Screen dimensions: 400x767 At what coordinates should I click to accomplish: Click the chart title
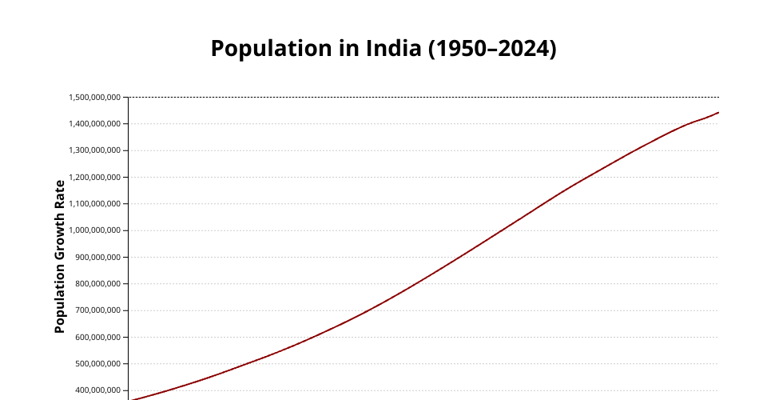383,49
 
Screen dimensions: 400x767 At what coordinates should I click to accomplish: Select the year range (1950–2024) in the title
492,49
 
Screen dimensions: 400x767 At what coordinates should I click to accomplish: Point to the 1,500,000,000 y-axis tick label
94,98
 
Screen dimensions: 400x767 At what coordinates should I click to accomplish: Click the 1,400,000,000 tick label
94,124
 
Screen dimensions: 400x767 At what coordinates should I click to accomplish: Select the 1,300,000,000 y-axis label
94,150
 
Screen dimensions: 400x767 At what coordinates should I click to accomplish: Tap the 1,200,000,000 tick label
94,177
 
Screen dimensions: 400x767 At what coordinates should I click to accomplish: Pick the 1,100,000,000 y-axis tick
94,204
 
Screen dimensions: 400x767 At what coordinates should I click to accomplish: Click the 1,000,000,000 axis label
94,230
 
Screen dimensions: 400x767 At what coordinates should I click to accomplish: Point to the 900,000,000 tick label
97,257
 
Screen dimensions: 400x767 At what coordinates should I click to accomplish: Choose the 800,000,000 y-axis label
97,284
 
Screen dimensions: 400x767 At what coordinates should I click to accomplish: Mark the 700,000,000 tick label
97,310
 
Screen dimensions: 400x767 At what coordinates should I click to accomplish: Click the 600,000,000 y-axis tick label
97,337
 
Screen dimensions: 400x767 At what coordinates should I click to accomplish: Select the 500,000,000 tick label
97,364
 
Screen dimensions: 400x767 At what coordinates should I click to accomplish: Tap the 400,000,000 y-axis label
97,390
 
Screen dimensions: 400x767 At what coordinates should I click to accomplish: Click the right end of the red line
718,113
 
